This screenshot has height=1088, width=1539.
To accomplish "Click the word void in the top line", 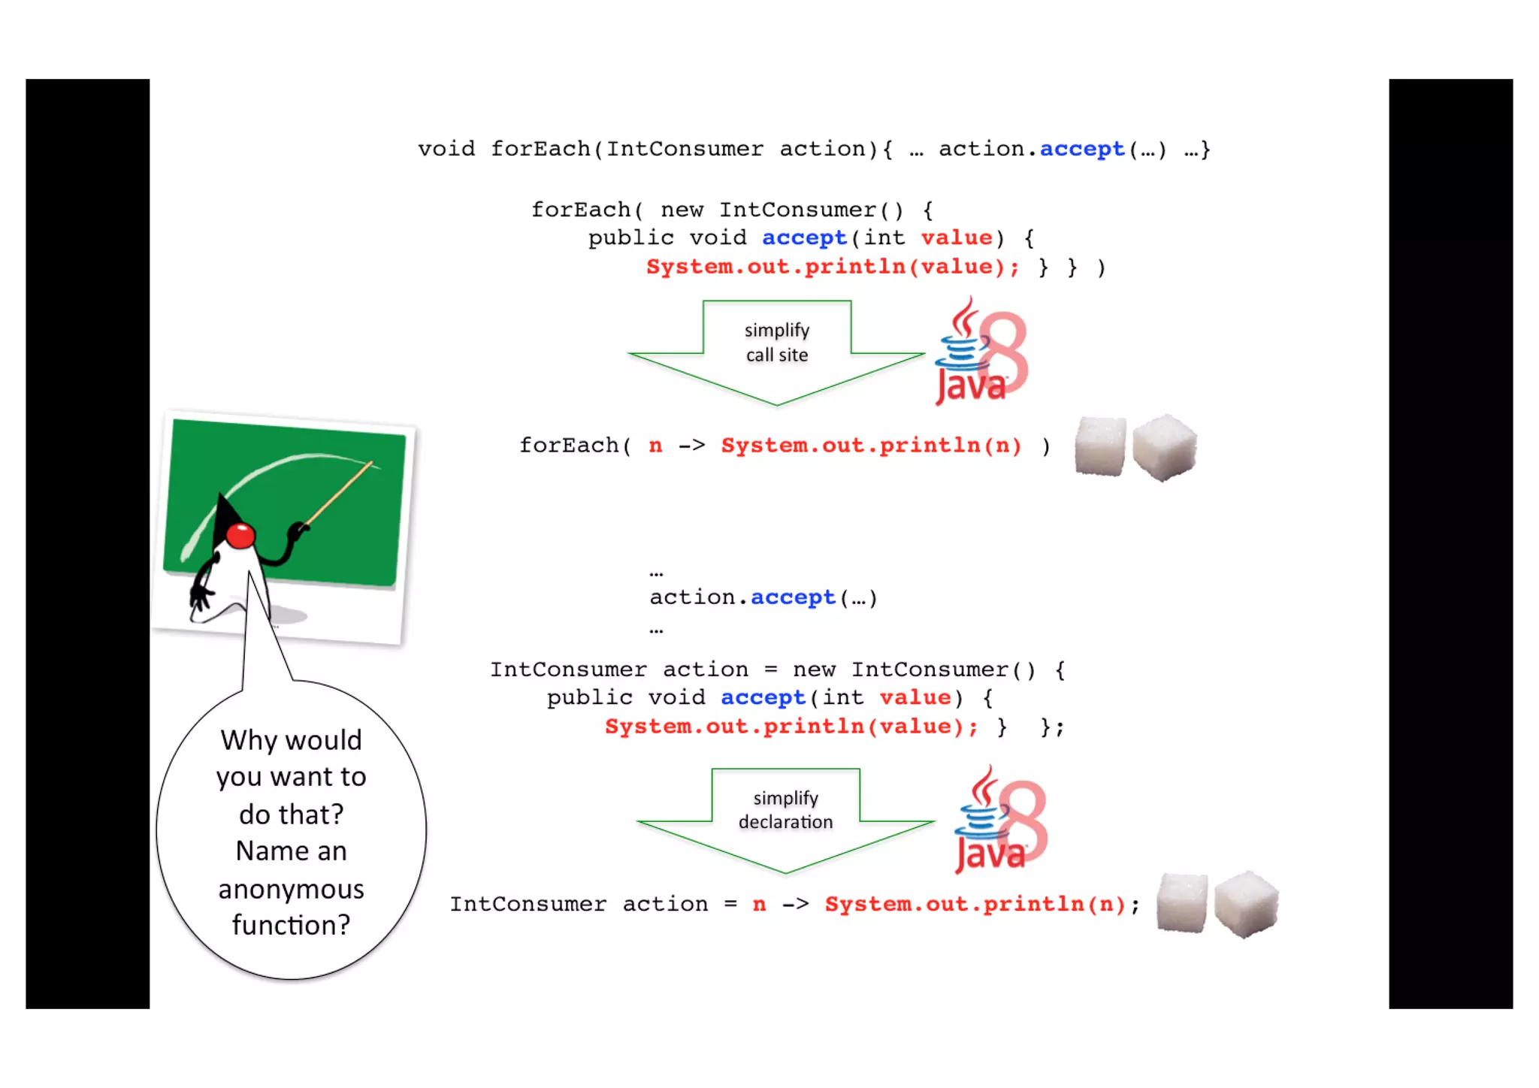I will pos(446,149).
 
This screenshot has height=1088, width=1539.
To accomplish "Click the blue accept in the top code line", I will pos(1082,150).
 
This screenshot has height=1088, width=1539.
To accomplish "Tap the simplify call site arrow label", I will pos(776,343).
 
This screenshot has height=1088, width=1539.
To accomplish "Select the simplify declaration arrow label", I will pos(785,810).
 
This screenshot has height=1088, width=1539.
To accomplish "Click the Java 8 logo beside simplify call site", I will pos(981,352).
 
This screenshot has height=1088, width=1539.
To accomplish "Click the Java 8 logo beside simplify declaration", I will pos(1000,821).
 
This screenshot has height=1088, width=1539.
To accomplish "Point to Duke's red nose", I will pos(240,536).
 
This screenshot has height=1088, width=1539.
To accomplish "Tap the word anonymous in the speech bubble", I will pos(291,889).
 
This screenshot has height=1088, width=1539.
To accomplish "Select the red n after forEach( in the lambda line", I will pos(655,446).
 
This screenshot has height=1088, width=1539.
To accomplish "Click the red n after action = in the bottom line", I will pos(759,904).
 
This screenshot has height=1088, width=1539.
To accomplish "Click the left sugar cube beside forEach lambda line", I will pos(1100,446).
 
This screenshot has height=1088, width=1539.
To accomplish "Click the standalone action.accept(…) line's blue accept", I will pos(793,597).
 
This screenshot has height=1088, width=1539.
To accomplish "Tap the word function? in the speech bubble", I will pos(291,925).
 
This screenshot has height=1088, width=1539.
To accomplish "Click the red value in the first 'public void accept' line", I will pos(956,238).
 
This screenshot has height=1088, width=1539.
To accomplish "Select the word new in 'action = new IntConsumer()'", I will pos(814,669).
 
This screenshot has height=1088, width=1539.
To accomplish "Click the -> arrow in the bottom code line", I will pos(796,904).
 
